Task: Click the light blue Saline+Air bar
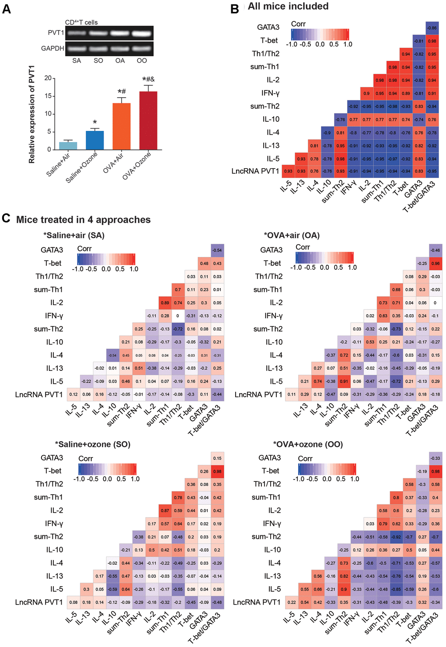click(68, 146)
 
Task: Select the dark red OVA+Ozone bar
click(148, 120)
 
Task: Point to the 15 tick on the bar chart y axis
click(48, 96)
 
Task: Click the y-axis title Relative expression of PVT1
click(31, 115)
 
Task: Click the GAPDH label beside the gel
click(52, 48)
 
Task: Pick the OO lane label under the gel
click(142, 60)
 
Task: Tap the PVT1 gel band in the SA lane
click(77, 33)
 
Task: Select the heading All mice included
click(288, 6)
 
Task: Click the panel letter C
click(6, 218)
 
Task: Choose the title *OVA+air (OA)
click(292, 235)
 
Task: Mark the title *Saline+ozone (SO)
click(93, 444)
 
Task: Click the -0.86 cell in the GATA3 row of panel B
click(432, 28)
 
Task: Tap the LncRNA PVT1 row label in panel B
click(255, 171)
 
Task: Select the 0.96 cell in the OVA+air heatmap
click(436, 264)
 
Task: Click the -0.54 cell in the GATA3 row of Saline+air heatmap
click(217, 250)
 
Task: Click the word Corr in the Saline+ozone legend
click(86, 458)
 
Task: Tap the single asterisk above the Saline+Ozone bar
click(95, 123)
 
